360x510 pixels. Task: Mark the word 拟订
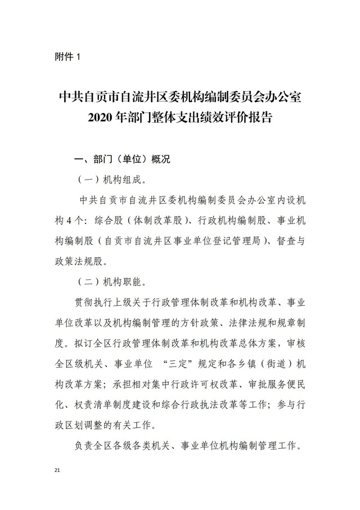(83, 342)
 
